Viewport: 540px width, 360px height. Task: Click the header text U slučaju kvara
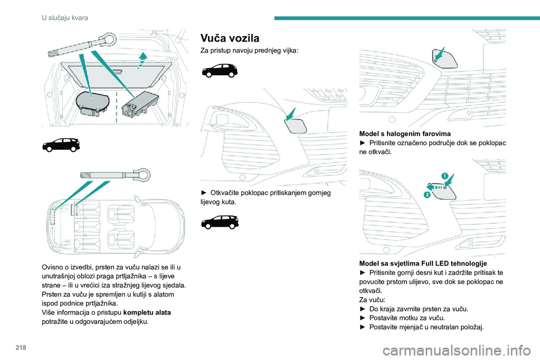(65, 17)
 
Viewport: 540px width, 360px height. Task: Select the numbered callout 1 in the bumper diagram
(444, 176)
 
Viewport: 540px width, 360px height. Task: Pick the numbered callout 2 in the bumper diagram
(426, 194)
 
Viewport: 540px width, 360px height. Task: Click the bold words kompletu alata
(147, 312)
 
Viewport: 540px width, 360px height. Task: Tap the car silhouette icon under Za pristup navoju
(219, 71)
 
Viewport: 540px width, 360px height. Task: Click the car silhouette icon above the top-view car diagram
(60, 145)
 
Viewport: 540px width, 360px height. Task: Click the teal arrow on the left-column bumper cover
(291, 114)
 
